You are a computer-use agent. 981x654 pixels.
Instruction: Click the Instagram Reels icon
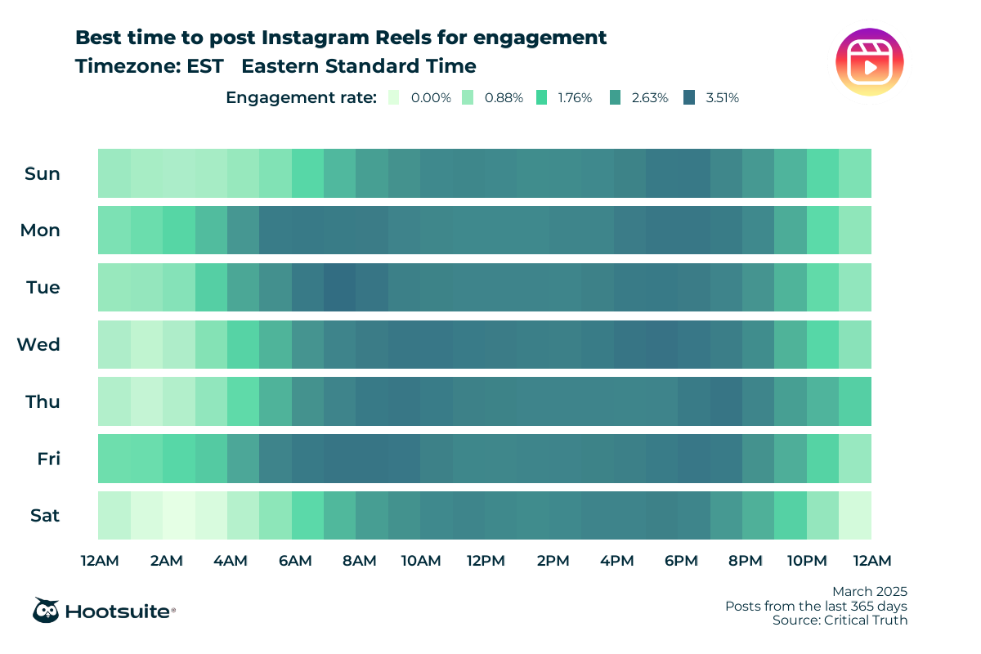coord(870,61)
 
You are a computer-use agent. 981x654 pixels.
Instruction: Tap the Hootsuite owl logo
coord(46,610)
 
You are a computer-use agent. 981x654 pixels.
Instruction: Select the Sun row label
coord(43,173)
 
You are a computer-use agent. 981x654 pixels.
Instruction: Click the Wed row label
coord(39,344)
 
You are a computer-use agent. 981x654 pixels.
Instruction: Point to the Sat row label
coord(44,516)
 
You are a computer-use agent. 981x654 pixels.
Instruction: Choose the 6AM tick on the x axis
coord(294,561)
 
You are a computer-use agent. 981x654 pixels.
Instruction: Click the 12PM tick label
coord(486,561)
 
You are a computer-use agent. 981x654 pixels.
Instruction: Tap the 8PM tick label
coord(745,561)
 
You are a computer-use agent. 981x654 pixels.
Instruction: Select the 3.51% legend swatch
coord(689,97)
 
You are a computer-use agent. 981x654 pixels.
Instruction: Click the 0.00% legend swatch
coord(394,97)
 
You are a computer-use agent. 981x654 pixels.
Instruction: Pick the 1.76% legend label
coord(575,98)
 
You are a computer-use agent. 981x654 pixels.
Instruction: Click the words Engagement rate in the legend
coord(301,98)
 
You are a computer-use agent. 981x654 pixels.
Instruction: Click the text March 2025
coord(870,591)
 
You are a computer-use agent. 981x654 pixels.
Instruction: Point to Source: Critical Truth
coord(840,620)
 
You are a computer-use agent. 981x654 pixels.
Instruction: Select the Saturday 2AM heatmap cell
coord(179,516)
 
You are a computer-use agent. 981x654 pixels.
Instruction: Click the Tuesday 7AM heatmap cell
coord(340,287)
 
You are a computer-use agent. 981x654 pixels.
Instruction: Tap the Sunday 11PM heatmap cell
coord(855,173)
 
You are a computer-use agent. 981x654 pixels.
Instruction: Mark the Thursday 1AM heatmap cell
coord(146,401)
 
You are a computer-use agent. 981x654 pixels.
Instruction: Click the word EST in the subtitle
coord(204,66)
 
